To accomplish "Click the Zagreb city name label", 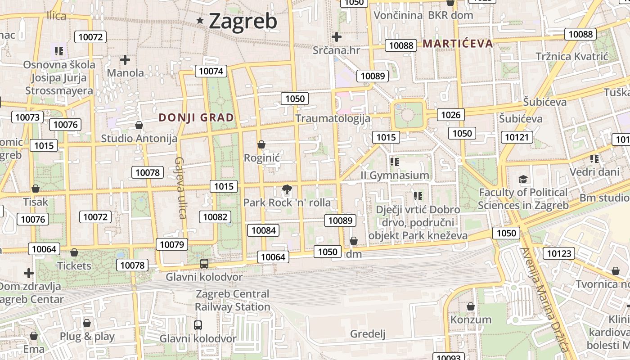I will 243,21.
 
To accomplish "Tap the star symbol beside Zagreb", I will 200,20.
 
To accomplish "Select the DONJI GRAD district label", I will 196,118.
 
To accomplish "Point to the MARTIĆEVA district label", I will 458,44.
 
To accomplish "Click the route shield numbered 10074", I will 211,71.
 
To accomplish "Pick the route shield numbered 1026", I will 450,115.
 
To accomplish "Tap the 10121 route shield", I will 518,137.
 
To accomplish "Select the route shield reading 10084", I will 263,230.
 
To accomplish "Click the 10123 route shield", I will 559,253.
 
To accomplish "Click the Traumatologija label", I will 333,118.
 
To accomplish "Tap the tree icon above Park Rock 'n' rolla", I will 287,190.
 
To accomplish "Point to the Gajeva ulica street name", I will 181,187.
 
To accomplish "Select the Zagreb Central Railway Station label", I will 232,300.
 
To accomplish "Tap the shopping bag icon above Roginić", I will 261,145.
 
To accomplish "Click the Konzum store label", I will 471,319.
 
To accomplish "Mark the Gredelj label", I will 368,333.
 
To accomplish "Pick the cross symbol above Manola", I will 125,59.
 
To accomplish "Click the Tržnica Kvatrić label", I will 571,56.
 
